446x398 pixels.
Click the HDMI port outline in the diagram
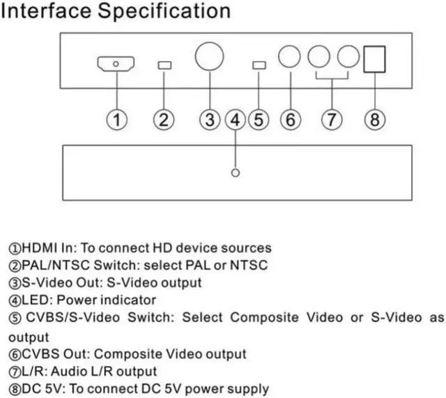[x=116, y=65]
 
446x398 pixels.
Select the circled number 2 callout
[x=164, y=119]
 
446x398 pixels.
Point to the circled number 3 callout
[x=209, y=119]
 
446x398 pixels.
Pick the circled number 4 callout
[x=236, y=119]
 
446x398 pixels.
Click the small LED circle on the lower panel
[x=236, y=172]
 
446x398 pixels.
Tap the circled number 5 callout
[x=259, y=119]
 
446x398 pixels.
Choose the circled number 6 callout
[x=290, y=119]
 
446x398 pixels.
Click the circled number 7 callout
[x=332, y=119]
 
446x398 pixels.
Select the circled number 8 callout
[x=375, y=119]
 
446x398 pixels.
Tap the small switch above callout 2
[x=164, y=66]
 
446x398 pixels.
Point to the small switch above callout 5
[x=259, y=66]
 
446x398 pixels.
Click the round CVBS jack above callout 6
[x=290, y=57]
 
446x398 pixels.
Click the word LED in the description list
[x=35, y=300]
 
